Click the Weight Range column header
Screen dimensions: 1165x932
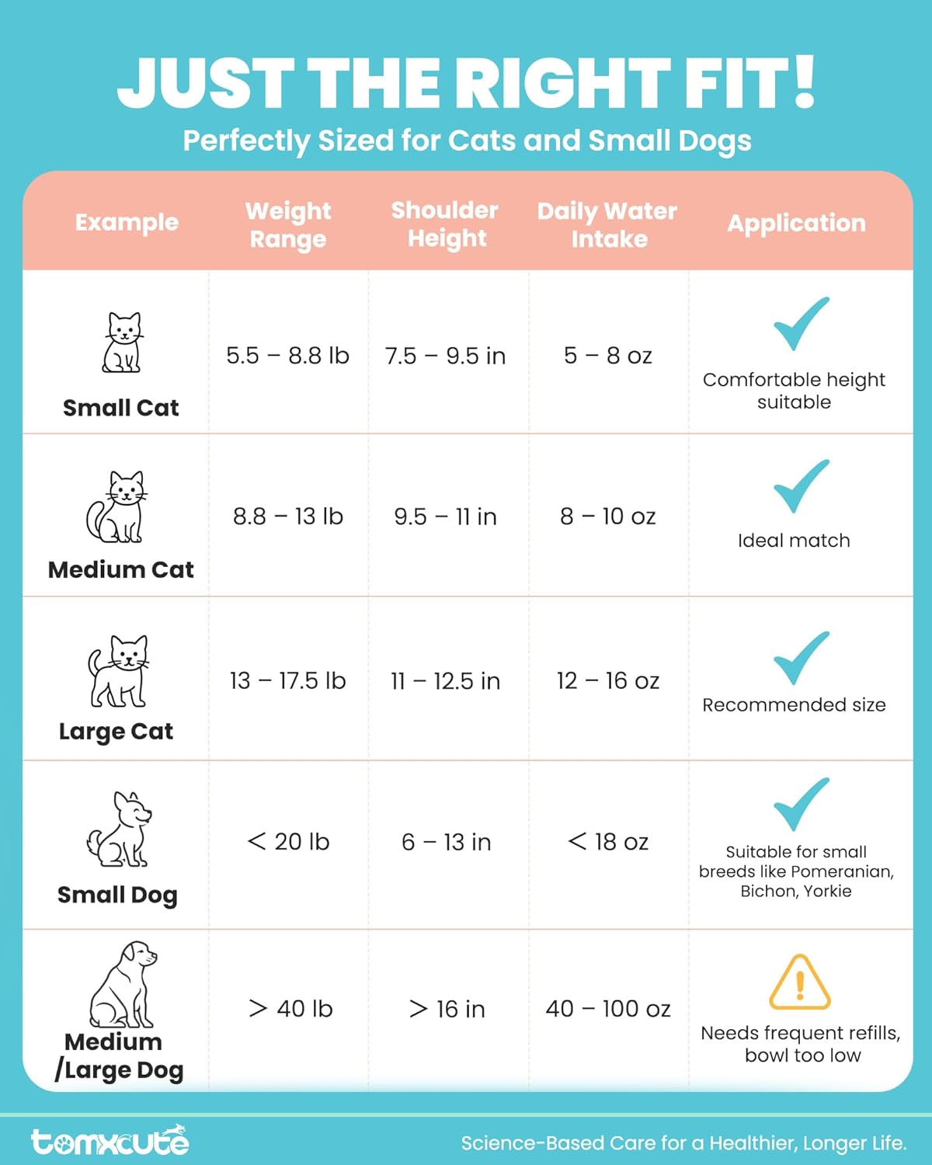coord(288,224)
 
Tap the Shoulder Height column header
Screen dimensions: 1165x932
coord(445,224)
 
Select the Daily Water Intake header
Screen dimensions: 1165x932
coord(607,224)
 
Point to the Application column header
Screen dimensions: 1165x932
coord(796,223)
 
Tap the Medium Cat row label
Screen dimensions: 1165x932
coord(121,569)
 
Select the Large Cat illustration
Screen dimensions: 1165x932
coord(119,671)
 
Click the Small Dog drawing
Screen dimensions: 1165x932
coord(120,829)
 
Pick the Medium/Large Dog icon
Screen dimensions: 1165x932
coord(123,984)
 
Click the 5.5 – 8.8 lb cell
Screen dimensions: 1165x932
coord(287,356)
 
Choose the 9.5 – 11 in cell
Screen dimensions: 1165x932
coord(445,516)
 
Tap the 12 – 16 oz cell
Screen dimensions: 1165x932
coord(607,681)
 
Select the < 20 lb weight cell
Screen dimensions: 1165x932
coord(288,842)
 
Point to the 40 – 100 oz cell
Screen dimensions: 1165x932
coord(607,1009)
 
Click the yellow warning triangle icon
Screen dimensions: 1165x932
coord(799,982)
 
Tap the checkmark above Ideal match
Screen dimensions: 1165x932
coord(801,487)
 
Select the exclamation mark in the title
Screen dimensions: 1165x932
coord(805,82)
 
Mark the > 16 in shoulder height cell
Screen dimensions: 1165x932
coord(447,1009)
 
